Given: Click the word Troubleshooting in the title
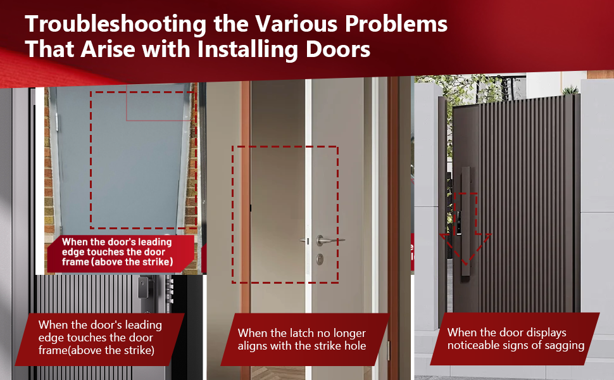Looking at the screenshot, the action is point(115,25).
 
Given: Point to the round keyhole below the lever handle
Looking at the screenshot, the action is point(320,258).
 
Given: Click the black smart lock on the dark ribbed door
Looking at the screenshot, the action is point(142,287).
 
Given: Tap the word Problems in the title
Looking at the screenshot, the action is point(396,24).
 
